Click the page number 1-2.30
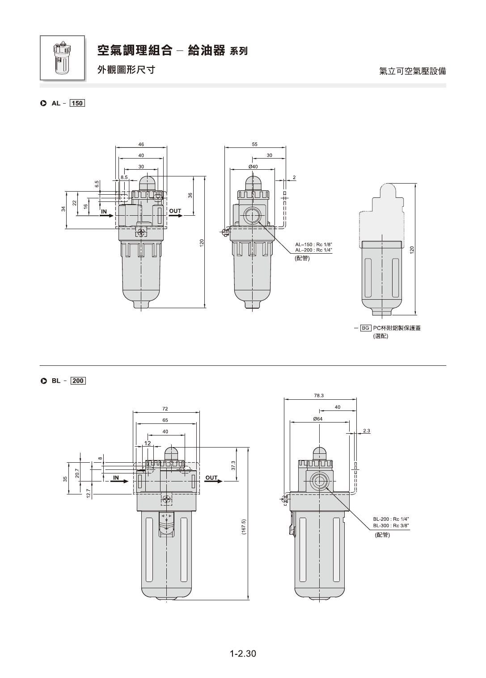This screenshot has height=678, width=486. [x=243, y=653]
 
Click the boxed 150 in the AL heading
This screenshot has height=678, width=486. [x=77, y=103]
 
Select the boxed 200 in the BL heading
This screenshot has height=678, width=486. [x=78, y=381]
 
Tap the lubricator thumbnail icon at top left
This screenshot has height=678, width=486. [x=63, y=58]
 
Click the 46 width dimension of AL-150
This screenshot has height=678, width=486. [x=141, y=144]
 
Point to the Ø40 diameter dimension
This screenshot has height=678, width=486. [x=253, y=167]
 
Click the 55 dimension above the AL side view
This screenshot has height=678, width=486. [x=255, y=144]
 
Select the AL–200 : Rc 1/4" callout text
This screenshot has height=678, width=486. [x=313, y=250]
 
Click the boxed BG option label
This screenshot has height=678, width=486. [x=366, y=328]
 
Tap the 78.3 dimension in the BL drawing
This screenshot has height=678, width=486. [x=319, y=395]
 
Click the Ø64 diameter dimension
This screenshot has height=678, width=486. [x=318, y=419]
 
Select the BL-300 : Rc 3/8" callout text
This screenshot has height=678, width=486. [x=391, y=525]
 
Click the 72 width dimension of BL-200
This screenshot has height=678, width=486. [x=165, y=409]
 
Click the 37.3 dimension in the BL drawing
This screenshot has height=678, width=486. [x=232, y=466]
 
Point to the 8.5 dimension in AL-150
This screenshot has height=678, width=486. [x=124, y=177]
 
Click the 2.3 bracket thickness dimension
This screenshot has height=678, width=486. [x=366, y=431]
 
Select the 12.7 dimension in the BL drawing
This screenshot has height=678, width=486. [x=89, y=494]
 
